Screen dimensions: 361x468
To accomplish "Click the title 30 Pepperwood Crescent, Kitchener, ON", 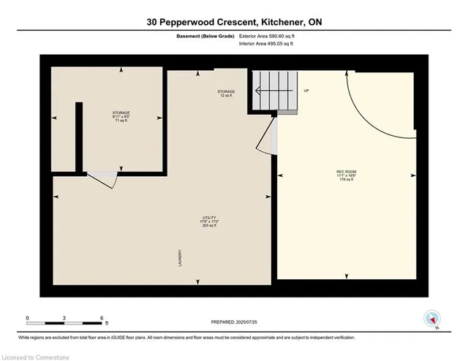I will point(233,23).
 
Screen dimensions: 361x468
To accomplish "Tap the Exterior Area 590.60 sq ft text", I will point(271,36).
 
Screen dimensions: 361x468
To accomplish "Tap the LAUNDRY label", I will point(178,259).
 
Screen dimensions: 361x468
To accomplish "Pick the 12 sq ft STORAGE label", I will point(225,94).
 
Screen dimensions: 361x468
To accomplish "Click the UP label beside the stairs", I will point(307,91).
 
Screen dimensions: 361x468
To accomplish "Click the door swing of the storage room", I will point(102,179).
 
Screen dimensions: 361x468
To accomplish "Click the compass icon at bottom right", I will point(431,319).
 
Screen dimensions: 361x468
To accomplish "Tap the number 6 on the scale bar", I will point(102,319).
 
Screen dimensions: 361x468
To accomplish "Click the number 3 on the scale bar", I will point(65,319).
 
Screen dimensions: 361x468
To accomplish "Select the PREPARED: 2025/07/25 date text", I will point(233,322).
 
